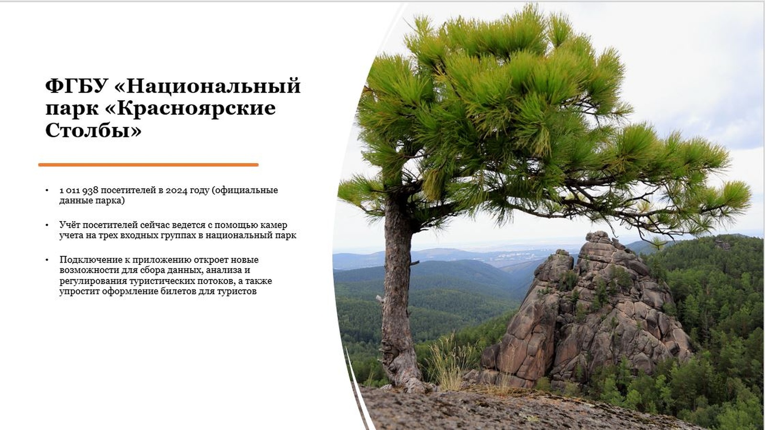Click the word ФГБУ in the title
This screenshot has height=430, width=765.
pyautogui.click(x=77, y=86)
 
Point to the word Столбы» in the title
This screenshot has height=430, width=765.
pyautogui.click(x=93, y=131)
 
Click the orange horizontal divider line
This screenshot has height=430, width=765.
pyautogui.click(x=148, y=165)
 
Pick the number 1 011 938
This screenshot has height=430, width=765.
pyautogui.click(x=79, y=190)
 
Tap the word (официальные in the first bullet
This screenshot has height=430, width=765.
pyautogui.click(x=245, y=190)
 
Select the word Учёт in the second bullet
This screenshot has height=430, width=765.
pyautogui.click(x=70, y=225)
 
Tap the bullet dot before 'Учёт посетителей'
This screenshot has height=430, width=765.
pyautogui.click(x=47, y=225)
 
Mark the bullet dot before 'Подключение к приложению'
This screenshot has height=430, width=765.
pyautogui.click(x=47, y=260)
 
